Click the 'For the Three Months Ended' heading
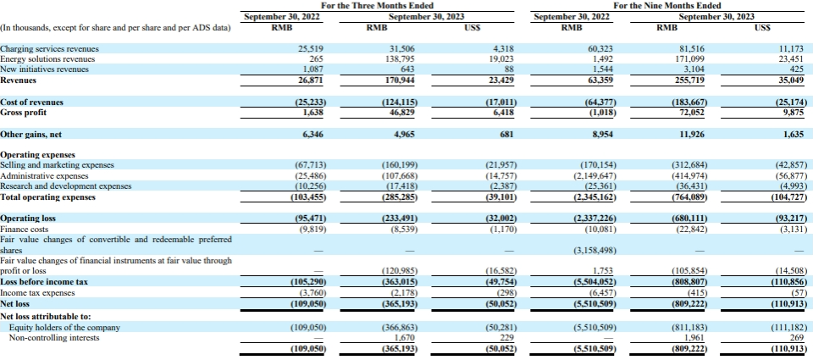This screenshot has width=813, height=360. point(377,6)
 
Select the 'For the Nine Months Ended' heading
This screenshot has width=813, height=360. point(666,6)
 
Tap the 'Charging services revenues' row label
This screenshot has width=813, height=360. point(49,49)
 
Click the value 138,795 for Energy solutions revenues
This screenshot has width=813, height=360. point(399,59)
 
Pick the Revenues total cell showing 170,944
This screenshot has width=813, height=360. point(399,80)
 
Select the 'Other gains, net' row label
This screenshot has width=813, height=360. point(31,135)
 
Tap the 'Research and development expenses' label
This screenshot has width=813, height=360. point(66,186)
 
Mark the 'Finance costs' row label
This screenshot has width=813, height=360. point(24,229)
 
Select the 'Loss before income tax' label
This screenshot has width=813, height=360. point(44,282)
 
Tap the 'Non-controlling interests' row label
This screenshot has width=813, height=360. point(54,338)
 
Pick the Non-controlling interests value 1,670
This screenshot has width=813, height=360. point(403,338)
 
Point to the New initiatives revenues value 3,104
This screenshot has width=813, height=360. point(694,69)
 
